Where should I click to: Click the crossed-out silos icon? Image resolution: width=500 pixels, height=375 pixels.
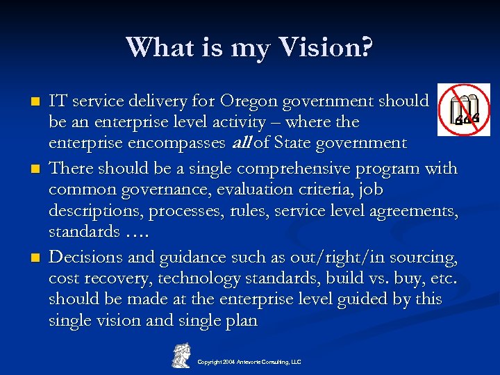tap(464, 110)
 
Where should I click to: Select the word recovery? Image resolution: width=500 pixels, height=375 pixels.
tap(114, 279)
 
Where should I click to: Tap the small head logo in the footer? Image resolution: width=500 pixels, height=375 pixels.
tap(182, 355)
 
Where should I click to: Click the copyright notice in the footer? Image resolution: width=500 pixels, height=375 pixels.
tap(249, 362)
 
